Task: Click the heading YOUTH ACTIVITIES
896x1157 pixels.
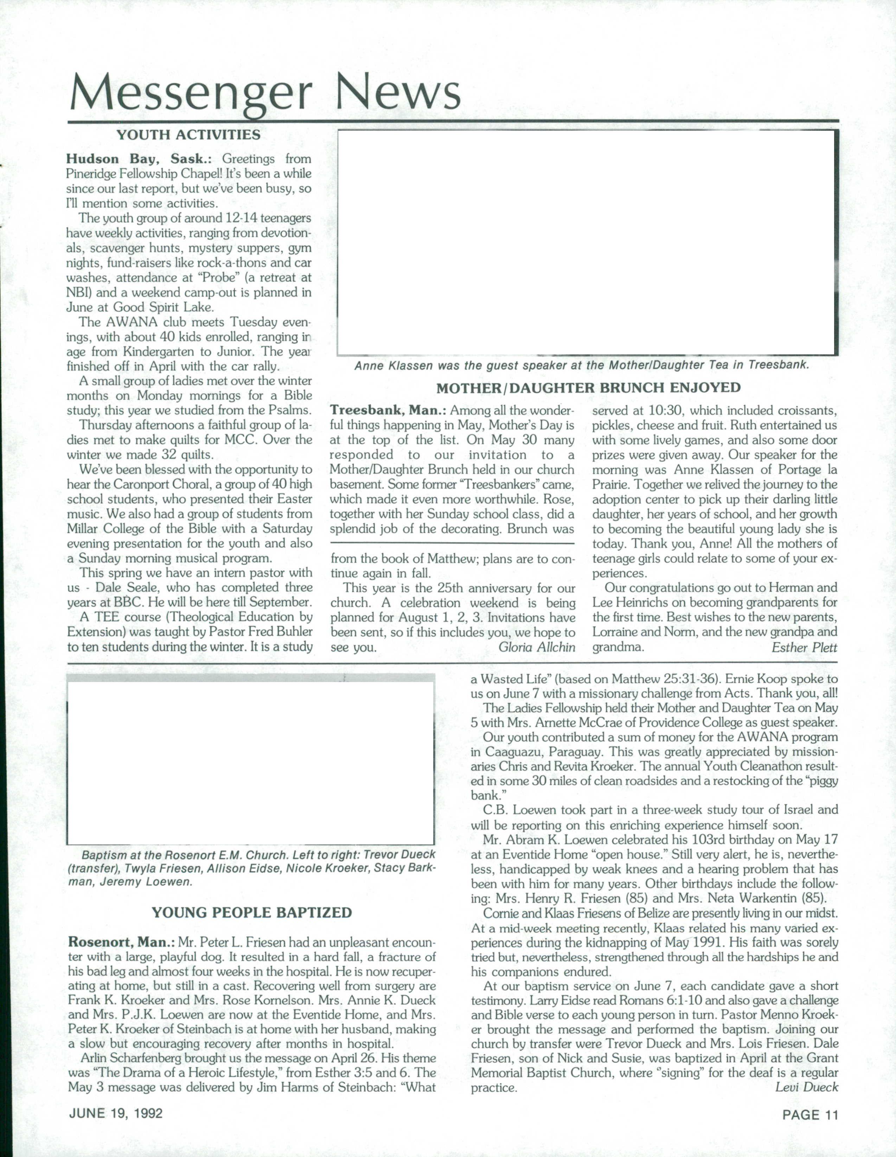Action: [188, 135]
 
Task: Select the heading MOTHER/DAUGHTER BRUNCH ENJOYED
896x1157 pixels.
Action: [588, 388]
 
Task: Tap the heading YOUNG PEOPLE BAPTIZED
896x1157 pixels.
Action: [252, 912]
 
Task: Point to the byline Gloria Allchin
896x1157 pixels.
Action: [536, 647]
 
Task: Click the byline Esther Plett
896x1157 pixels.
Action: [804, 647]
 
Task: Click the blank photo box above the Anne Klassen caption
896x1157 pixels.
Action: [587, 243]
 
